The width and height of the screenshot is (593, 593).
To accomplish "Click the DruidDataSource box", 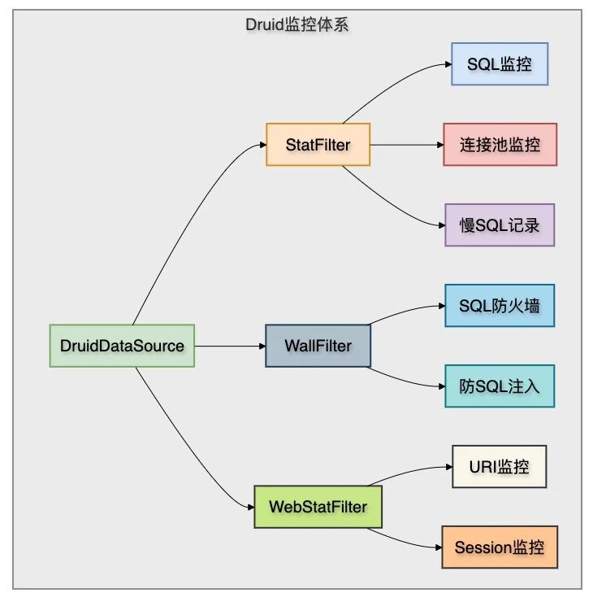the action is [x=122, y=346].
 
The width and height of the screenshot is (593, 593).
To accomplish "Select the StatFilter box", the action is [x=318, y=144].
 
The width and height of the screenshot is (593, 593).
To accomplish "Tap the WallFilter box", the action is [x=318, y=346].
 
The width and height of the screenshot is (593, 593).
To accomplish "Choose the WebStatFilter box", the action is [x=318, y=507].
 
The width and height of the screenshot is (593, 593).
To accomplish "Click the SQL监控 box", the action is [x=500, y=64].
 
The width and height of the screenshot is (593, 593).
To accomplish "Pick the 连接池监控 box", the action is [x=500, y=144].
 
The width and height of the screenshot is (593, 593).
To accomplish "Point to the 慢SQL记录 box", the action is [x=500, y=225].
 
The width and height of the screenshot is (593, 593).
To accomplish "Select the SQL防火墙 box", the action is [x=500, y=306].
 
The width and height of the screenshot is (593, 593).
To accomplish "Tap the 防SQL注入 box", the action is [x=500, y=386].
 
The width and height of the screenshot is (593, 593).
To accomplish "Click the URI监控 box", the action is [x=500, y=467].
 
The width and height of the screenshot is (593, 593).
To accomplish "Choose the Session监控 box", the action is [x=500, y=547].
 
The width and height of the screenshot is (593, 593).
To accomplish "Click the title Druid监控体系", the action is [x=297, y=25].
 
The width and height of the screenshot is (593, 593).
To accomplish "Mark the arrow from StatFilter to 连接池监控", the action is [x=406, y=145].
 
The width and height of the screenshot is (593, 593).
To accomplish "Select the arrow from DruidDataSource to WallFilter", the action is [x=230, y=346].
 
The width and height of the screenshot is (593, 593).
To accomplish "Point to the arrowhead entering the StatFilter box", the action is [x=263, y=145].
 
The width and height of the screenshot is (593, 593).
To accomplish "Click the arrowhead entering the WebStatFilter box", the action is [x=251, y=507].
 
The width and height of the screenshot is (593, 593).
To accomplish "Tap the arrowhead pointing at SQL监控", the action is [x=448, y=64].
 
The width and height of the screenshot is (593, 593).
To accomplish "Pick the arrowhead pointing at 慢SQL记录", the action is [x=442, y=225].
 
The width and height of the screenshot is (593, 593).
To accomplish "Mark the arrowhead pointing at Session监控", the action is [x=439, y=547].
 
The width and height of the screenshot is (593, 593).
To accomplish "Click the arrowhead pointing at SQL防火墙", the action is [x=442, y=306].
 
